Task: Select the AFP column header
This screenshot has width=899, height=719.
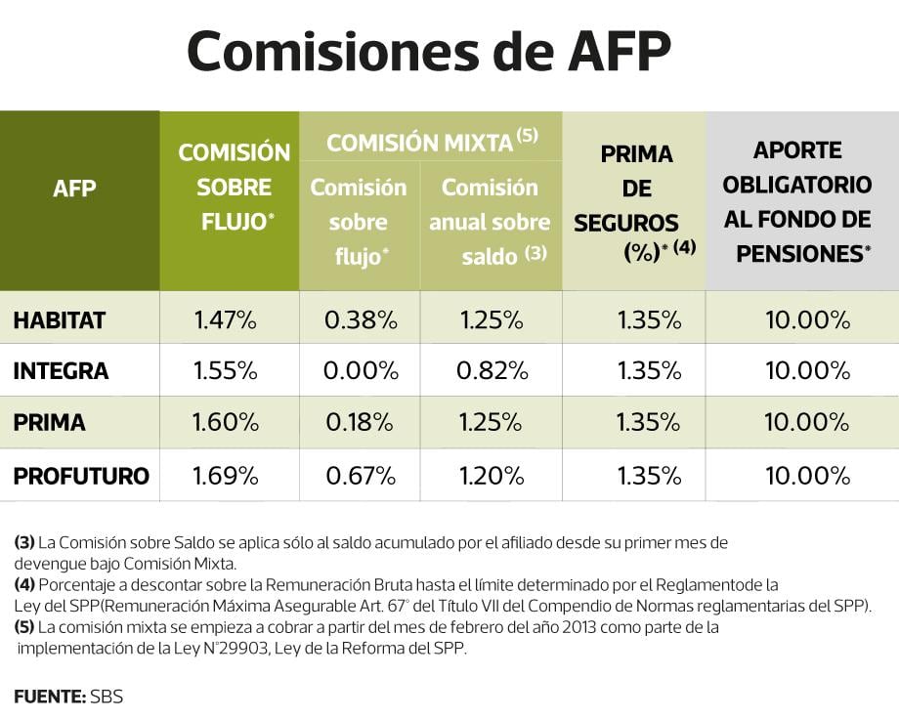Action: tap(74, 188)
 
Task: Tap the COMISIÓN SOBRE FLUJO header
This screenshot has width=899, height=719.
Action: tap(234, 188)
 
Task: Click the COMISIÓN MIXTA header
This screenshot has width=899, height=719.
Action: tap(431, 143)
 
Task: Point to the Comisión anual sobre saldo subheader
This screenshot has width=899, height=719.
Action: tap(490, 222)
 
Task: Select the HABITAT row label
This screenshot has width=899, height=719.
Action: tap(60, 319)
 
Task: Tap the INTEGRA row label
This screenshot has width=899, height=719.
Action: tap(61, 371)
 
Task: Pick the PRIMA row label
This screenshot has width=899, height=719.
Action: tap(49, 423)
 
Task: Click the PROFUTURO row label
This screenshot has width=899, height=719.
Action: tap(81, 476)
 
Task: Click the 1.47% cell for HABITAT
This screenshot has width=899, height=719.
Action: tap(226, 319)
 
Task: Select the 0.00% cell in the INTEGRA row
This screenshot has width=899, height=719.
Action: tap(361, 371)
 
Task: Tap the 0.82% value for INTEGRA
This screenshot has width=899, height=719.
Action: tap(492, 371)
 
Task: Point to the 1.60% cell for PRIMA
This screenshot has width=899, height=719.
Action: tap(226, 423)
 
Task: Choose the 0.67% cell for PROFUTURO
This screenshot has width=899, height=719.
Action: tap(361, 476)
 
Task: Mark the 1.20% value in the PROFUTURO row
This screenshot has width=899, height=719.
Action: tap(492, 476)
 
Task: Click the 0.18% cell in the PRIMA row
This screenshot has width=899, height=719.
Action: tap(361, 423)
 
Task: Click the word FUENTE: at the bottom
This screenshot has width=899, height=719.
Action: tap(49, 697)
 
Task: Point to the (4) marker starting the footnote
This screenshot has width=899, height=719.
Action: tap(24, 585)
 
